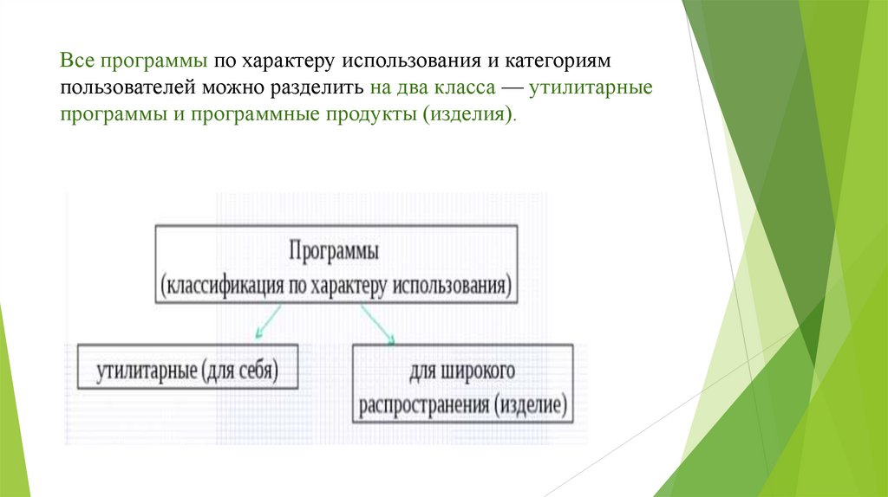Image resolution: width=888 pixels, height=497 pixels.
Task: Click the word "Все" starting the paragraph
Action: click(77, 63)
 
